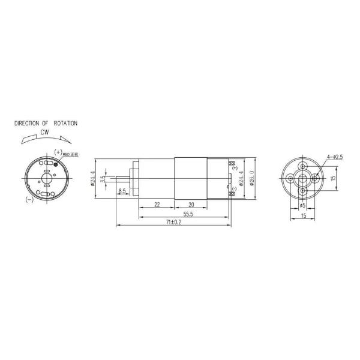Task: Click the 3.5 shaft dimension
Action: pos(104,178)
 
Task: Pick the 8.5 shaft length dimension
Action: pos(122,191)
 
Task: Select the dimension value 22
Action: pos(157,204)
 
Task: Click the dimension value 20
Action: pos(190,204)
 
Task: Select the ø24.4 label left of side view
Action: pos(94,178)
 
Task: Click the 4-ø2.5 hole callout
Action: pos(334,157)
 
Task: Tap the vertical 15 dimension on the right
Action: pos(334,178)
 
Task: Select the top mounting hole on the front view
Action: pos(303,166)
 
